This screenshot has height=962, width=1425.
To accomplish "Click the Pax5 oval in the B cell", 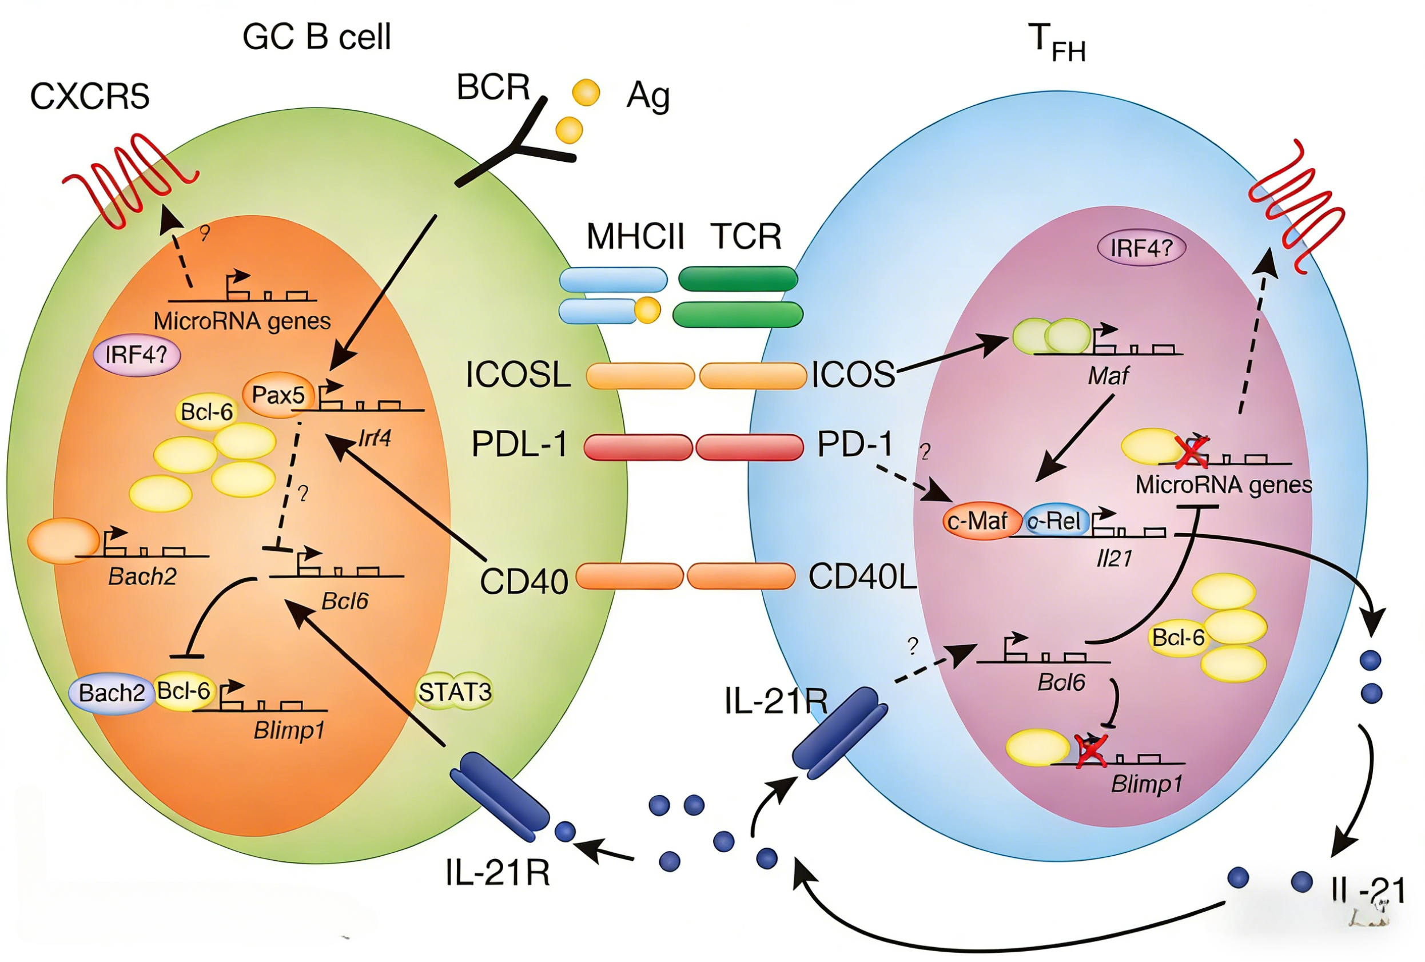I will (278, 395).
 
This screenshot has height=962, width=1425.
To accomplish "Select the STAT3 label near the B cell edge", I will (455, 691).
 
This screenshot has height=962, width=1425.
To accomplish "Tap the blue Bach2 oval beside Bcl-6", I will (112, 693).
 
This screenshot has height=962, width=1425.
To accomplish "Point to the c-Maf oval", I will (977, 521).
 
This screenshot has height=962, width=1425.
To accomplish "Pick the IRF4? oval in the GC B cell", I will (136, 355).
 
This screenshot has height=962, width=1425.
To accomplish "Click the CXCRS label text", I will (90, 96).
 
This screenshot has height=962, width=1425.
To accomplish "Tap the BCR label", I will (493, 87).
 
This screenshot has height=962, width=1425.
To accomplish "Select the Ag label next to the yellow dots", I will (647, 96).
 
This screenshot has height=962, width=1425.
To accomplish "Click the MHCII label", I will (635, 236).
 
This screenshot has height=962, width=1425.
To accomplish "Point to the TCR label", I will (746, 236).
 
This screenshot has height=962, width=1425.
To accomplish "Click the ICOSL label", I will (518, 375).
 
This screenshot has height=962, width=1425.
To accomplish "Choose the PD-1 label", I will (855, 444).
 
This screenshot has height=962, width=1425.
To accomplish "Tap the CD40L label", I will (862, 577).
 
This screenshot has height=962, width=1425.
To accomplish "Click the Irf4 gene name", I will (375, 438).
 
